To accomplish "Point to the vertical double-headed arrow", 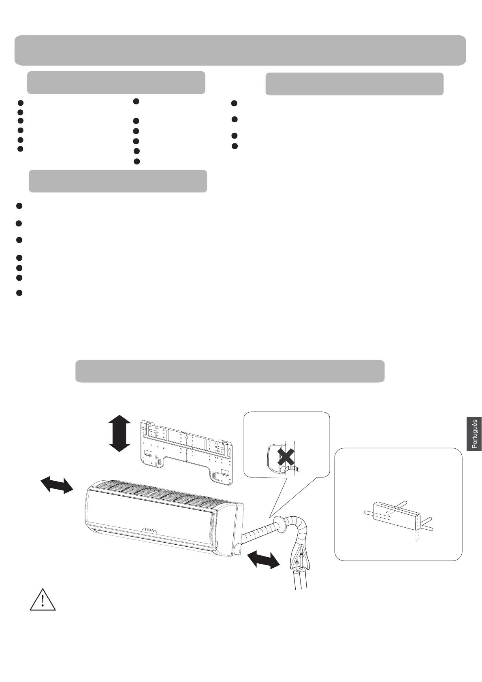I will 120,433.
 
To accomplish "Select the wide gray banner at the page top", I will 240,50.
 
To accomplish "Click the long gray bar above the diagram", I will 230,371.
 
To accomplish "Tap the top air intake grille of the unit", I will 162,494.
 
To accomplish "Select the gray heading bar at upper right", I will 354,84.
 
